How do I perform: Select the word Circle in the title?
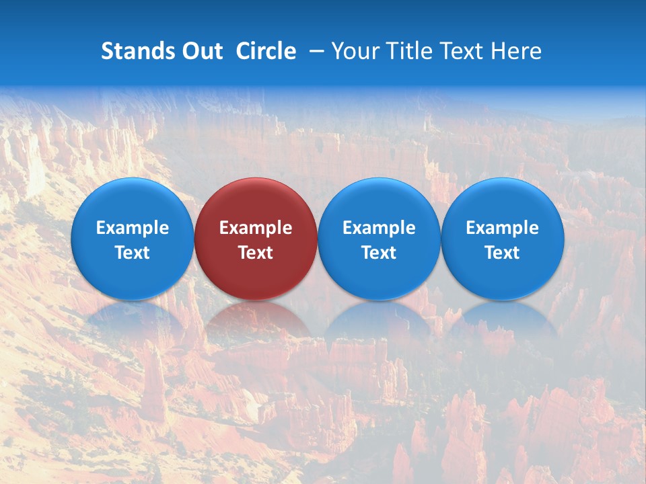266,51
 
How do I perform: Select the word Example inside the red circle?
256,228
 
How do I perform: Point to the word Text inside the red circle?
256,253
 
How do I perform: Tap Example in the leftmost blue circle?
132,228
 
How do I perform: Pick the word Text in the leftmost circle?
132,253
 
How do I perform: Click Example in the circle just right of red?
379,228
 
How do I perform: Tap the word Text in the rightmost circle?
503,253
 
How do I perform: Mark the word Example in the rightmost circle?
503,228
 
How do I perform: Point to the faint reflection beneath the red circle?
256,323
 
